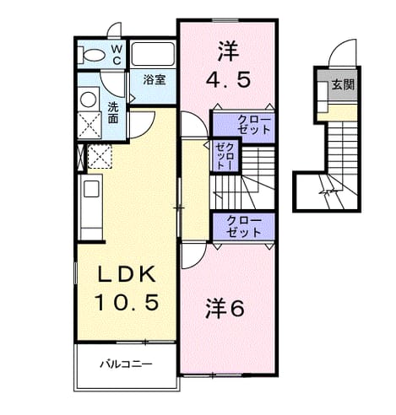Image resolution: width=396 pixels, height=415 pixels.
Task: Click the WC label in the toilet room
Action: click(x=117, y=55)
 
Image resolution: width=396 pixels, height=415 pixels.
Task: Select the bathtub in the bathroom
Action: click(x=153, y=54)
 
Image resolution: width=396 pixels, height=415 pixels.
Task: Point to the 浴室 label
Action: click(x=155, y=80)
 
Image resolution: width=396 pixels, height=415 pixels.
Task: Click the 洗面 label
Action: click(x=113, y=113)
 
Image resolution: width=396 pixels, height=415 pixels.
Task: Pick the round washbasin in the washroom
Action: click(x=88, y=100)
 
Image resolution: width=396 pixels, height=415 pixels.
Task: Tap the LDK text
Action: click(x=127, y=274)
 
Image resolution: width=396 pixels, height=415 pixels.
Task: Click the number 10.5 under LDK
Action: click(x=127, y=302)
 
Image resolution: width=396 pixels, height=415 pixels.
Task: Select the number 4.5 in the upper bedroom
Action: click(x=228, y=80)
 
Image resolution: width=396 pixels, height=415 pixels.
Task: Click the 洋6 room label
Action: click(x=225, y=309)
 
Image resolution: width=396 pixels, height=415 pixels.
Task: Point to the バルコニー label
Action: click(x=126, y=364)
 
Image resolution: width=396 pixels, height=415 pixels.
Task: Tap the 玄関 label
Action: click(x=343, y=84)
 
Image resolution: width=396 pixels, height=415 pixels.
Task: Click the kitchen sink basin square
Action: click(x=91, y=189)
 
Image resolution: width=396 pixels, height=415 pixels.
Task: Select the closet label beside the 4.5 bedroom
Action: click(x=254, y=125)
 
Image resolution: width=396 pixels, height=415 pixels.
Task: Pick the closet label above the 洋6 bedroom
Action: click(x=244, y=226)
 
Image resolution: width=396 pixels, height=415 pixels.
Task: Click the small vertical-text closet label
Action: click(x=225, y=156)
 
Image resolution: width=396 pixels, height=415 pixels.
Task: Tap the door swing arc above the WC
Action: click(x=112, y=27)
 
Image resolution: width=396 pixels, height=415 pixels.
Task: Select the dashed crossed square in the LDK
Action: click(x=100, y=157)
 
